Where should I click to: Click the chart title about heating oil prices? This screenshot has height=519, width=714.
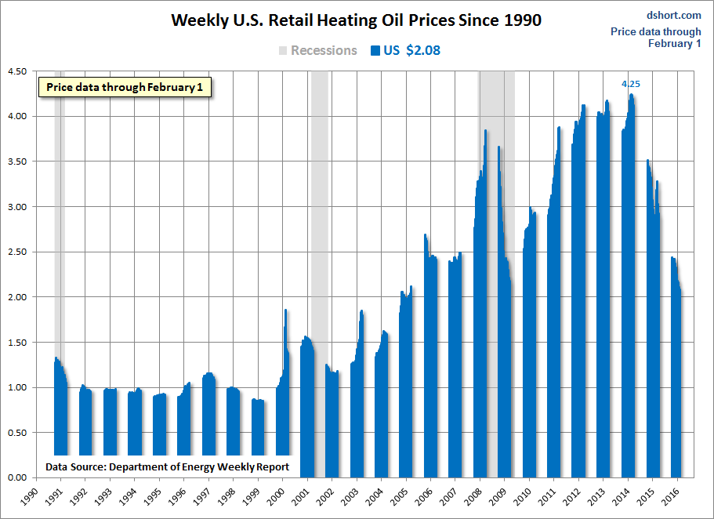click(x=357, y=20)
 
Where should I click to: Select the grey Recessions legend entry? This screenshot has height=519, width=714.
click(x=317, y=51)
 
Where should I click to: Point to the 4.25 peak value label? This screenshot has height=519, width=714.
click(x=631, y=84)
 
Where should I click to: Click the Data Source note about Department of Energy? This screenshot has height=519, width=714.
click(x=167, y=466)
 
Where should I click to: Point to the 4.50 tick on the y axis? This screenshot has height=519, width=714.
click(x=16, y=71)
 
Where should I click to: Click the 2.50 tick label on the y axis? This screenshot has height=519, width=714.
click(x=16, y=252)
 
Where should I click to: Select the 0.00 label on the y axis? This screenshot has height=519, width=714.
click(x=16, y=477)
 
